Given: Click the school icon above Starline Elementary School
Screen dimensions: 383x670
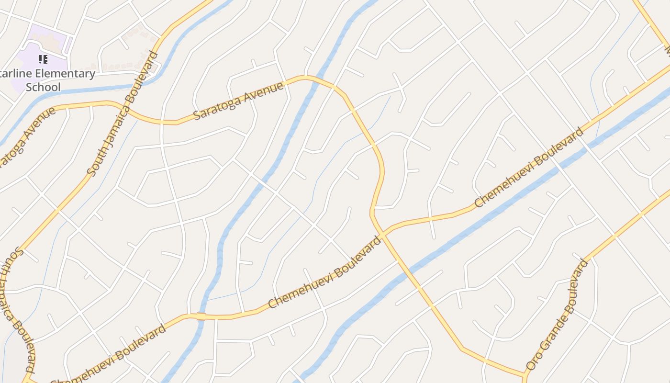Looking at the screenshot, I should click(43, 59).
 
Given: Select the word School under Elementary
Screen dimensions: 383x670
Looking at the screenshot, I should click(43, 87).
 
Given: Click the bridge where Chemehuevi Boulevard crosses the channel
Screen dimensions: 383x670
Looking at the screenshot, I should click(201, 316).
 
